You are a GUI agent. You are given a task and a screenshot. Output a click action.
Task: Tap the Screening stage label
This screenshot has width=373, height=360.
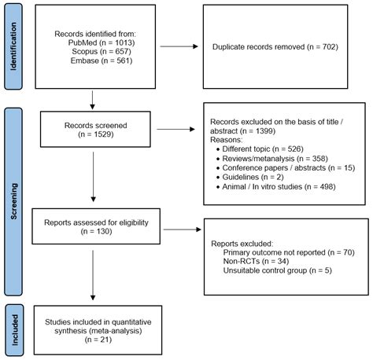(x=13, y=192)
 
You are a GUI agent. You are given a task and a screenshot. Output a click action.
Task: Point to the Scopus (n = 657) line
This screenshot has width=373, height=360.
(x=94, y=53)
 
